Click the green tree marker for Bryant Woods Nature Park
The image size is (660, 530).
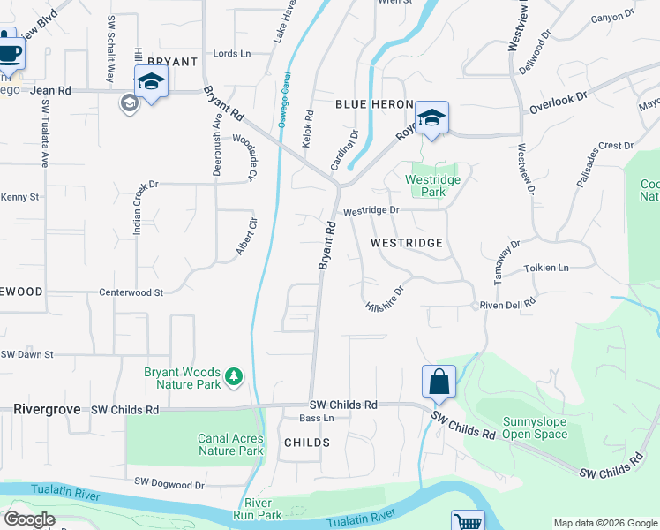click(x=234, y=377)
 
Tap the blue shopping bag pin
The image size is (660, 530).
click(x=439, y=382)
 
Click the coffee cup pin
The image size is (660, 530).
click(x=9, y=50)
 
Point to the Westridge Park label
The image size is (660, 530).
click(x=432, y=185)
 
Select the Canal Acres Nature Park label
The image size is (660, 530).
click(x=230, y=444)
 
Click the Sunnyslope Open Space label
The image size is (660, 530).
click(x=535, y=428)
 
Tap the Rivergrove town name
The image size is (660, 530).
click(x=48, y=410)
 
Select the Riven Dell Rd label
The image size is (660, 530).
click(x=507, y=305)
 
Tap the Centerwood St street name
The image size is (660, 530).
click(x=131, y=291)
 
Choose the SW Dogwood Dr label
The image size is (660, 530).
click(x=170, y=483)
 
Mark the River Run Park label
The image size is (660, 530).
click(x=257, y=508)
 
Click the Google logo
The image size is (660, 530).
click(x=30, y=519)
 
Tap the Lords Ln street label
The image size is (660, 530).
click(x=232, y=54)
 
